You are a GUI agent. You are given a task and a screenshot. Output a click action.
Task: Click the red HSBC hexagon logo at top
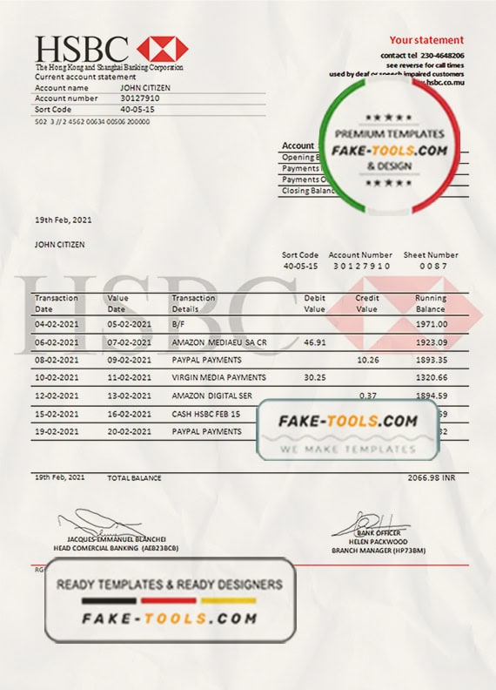point(163,49)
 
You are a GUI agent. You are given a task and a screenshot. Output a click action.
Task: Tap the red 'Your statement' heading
point(426,40)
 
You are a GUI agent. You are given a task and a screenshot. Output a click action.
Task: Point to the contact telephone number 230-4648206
point(439,56)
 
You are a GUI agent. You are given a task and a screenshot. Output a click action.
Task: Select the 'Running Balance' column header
point(431,303)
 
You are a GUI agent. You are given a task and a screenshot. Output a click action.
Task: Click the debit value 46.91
point(314,343)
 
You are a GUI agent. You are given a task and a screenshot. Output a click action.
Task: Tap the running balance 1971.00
point(432,323)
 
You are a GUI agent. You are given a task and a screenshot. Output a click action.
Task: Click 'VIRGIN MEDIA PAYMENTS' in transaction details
point(218,377)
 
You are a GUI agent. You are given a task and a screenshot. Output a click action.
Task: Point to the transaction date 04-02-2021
point(56,323)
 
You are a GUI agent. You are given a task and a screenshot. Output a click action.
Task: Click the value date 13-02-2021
point(129,396)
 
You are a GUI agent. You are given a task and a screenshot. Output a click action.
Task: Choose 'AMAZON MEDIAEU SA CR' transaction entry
point(218,343)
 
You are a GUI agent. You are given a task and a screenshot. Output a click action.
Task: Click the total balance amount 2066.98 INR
point(432,478)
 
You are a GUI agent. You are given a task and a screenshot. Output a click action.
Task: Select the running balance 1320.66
point(432,377)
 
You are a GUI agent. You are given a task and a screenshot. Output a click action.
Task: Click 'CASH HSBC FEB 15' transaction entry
point(206,414)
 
